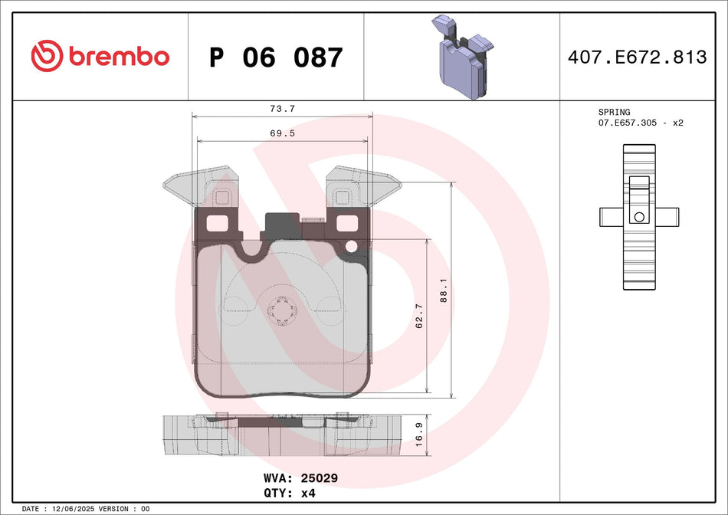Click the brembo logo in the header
point(100,56)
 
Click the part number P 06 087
point(276,57)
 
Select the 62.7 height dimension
point(419,315)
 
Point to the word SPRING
point(614,113)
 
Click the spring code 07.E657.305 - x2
point(641,123)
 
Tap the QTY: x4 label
point(289,494)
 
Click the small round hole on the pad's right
point(352,246)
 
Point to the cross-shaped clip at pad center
point(282,310)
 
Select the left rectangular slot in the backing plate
point(219,224)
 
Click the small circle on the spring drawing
point(638,216)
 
